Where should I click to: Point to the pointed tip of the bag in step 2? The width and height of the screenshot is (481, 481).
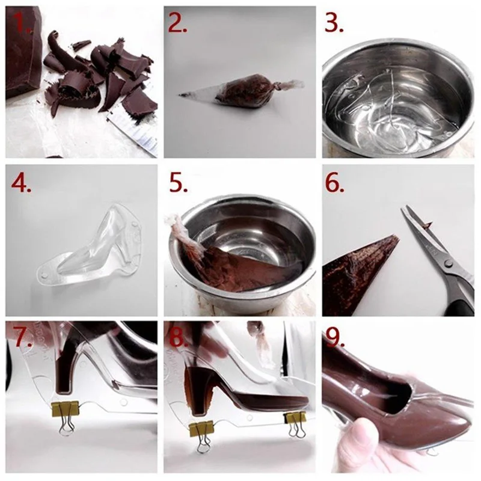180,95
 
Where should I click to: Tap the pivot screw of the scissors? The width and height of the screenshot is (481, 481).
449,263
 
